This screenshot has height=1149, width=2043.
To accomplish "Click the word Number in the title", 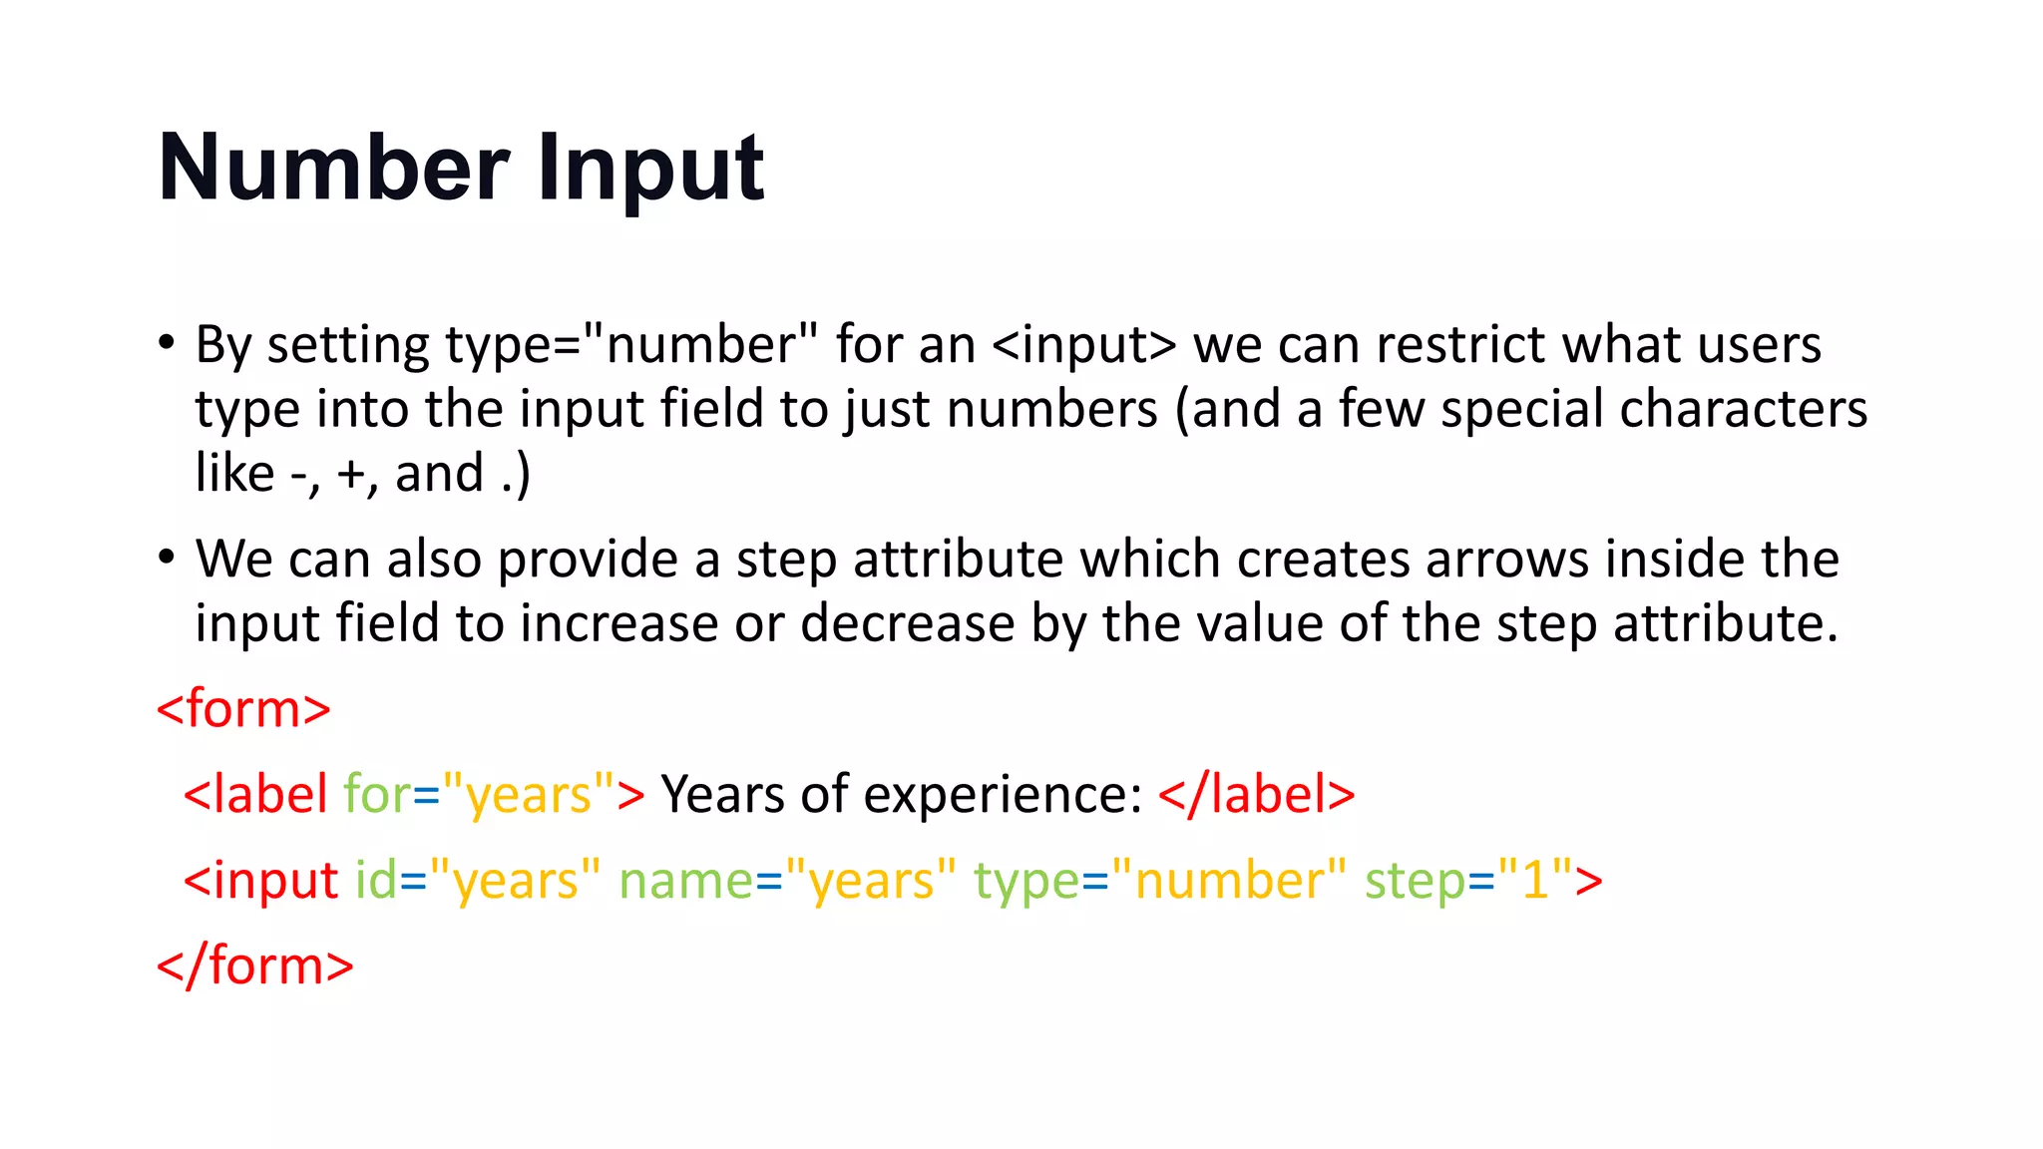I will coord(334,168).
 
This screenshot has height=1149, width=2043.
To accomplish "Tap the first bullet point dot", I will coord(166,343).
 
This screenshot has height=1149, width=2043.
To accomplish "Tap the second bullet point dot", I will coord(166,558).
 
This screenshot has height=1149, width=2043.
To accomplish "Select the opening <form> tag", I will coord(243,709).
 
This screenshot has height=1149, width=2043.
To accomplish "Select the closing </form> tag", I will coord(255,965).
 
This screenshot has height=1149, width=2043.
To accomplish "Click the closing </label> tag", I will coord(1257,795).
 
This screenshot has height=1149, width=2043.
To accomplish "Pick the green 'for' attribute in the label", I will coord(377,795).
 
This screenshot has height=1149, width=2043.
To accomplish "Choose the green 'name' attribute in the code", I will coord(685,881).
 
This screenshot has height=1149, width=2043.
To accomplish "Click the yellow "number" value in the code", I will coord(1229,881).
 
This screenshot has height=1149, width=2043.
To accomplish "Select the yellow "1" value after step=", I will coord(1534,881).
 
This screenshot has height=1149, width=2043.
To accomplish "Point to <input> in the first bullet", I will coord(1084,346).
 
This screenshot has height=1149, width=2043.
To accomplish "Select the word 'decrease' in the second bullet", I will coord(907,623).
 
